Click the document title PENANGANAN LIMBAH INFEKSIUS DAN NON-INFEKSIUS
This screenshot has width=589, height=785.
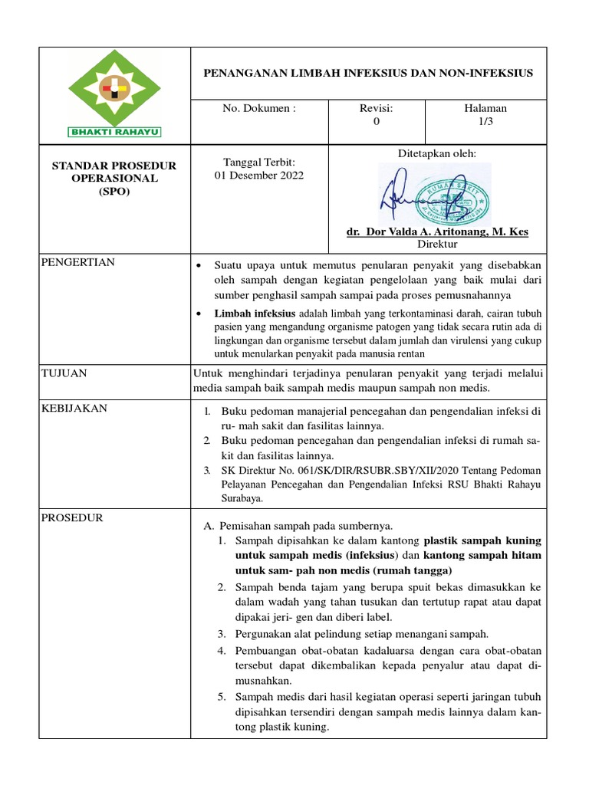click(x=367, y=73)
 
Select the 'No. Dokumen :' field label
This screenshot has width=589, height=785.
click(x=258, y=109)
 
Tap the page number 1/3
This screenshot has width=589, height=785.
click(x=492, y=122)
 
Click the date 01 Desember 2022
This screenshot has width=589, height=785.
click(x=258, y=175)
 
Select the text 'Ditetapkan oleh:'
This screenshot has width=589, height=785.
click(x=437, y=153)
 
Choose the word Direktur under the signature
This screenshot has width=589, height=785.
click(x=437, y=245)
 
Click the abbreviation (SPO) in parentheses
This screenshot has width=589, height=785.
click(x=114, y=192)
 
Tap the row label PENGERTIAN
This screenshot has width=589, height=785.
click(x=78, y=262)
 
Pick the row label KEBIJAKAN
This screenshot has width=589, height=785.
click(x=74, y=409)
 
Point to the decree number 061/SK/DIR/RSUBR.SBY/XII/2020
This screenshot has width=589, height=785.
click(x=361, y=470)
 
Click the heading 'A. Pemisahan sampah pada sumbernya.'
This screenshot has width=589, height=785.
click(x=298, y=526)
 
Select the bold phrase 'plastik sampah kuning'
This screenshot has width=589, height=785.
click(x=482, y=540)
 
